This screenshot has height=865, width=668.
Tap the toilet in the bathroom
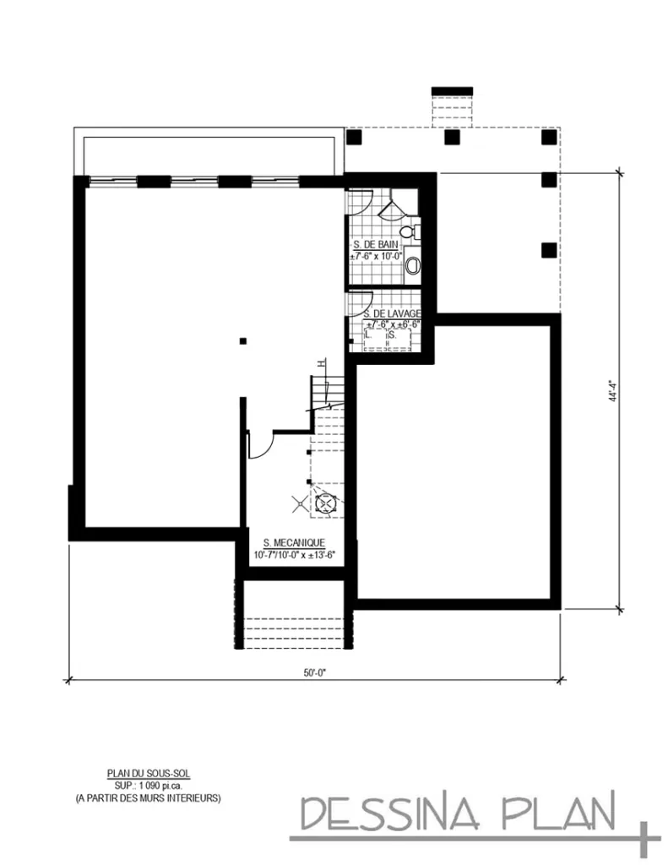(409, 229)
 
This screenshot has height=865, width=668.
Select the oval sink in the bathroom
(412, 266)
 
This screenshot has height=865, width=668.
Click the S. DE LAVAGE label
(393, 313)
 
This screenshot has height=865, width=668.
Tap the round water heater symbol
(324, 504)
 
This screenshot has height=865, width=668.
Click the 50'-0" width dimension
(315, 673)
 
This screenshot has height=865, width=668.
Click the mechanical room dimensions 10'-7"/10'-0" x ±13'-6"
(295, 555)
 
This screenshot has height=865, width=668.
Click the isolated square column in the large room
(243, 341)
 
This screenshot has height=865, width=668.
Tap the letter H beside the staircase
(321, 363)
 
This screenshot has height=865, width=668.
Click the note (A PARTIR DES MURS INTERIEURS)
(141, 796)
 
